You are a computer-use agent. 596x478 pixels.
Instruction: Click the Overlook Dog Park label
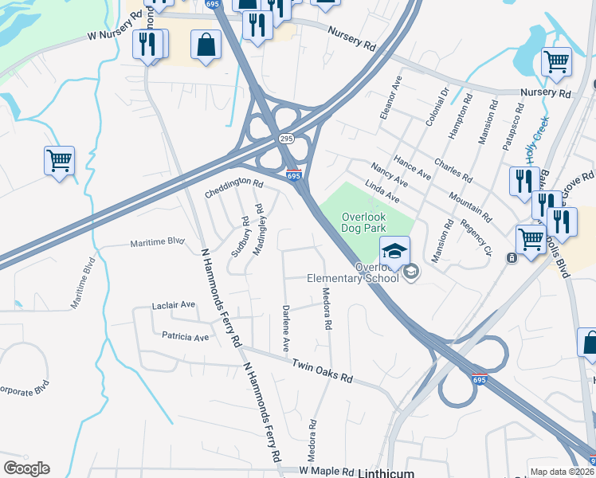[363, 222]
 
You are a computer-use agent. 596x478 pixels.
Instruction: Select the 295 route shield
[286, 139]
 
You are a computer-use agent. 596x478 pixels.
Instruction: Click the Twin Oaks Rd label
[322, 371]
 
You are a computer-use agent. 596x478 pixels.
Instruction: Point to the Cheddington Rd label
[233, 188]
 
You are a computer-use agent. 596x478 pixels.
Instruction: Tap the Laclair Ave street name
[174, 305]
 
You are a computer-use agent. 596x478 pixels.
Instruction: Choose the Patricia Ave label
[185, 337]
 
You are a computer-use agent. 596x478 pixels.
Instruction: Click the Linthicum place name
[386, 472]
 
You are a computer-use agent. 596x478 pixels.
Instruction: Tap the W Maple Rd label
[326, 472]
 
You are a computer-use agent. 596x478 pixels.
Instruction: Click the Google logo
[26, 468]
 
